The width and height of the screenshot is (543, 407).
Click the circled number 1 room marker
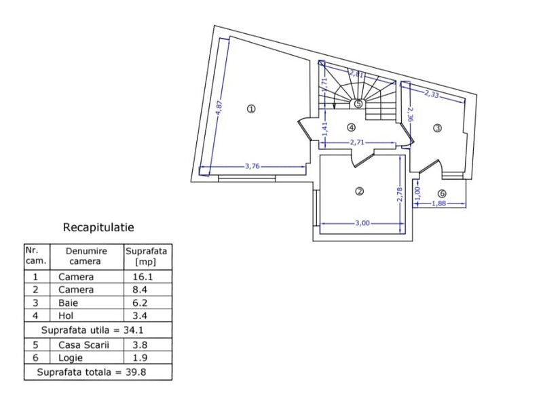[251, 109]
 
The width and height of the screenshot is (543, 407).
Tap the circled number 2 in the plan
[360, 191]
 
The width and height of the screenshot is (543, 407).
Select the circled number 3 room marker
[437, 128]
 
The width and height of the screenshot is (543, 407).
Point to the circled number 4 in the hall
[351, 128]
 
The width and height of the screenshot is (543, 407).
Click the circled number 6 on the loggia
[442, 193]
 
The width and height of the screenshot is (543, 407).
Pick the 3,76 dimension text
[252, 166]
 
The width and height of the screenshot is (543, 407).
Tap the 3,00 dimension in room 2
[362, 223]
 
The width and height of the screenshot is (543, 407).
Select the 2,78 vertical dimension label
[400, 195]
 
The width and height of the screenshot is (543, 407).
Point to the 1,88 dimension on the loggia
[438, 203]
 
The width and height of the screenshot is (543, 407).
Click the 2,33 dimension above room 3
[432, 94]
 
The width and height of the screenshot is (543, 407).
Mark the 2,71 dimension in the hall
[357, 142]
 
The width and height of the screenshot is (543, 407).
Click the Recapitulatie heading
[98, 227]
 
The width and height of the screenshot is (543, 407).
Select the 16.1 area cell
[143, 277]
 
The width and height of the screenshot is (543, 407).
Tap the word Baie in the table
[69, 303]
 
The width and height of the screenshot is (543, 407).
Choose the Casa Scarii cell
[83, 345]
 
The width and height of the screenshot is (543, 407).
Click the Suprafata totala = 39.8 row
[92, 372]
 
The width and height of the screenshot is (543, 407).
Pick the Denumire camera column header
[86, 256]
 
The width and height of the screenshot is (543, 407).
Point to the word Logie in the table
[71, 358]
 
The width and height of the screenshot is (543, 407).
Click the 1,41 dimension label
[324, 129]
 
